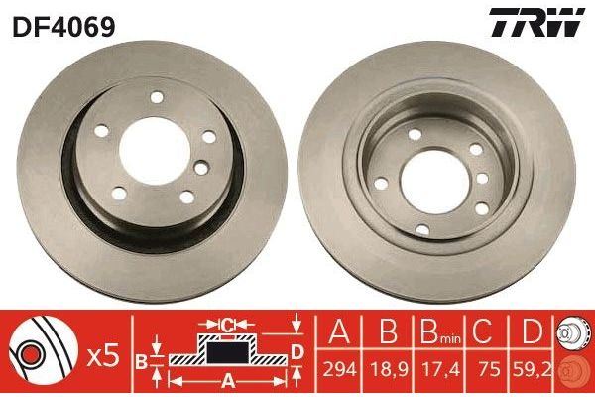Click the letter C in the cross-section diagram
[x=226, y=325]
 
